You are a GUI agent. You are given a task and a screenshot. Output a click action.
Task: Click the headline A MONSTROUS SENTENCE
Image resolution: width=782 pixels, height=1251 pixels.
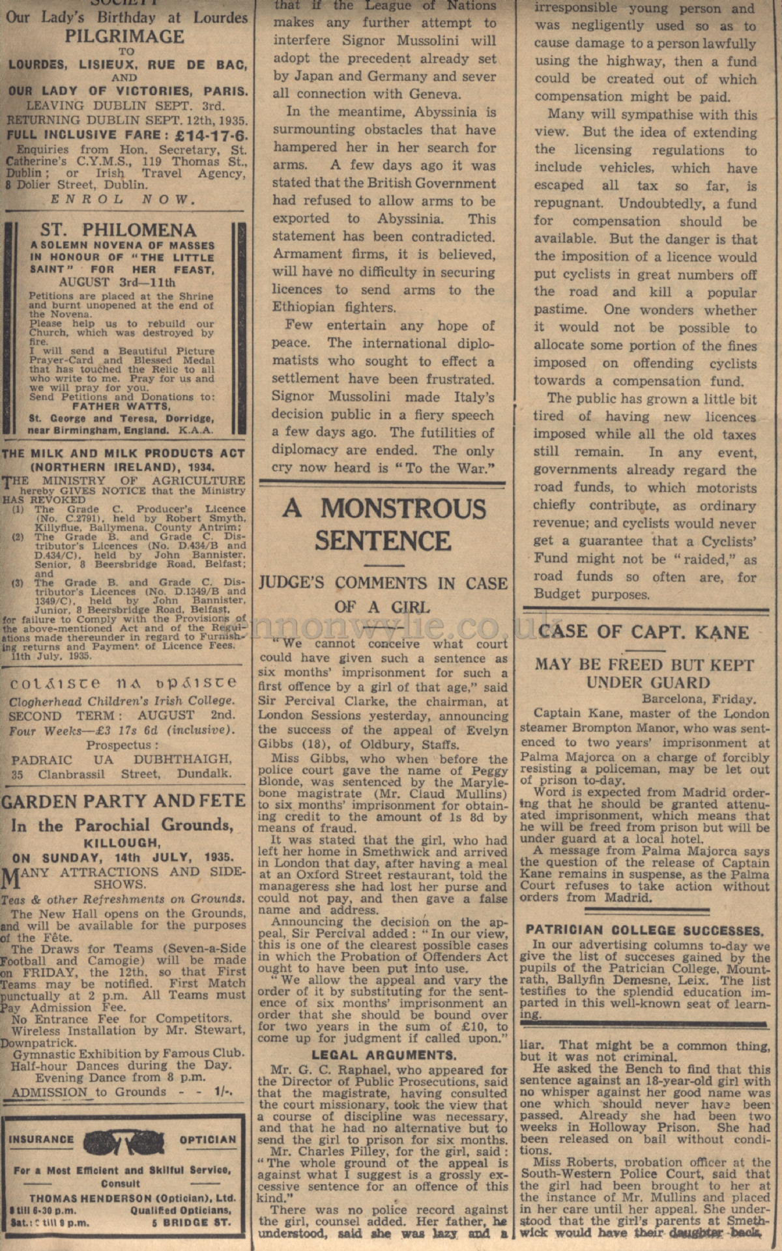point(383,525)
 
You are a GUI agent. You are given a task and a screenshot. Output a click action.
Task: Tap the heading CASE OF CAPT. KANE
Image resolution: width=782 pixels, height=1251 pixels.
point(643,631)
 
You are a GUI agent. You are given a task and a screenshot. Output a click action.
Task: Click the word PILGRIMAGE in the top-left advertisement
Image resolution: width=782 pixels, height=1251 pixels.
point(124,36)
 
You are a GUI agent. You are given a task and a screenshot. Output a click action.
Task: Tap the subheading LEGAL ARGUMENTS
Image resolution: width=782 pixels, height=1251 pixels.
point(384,1055)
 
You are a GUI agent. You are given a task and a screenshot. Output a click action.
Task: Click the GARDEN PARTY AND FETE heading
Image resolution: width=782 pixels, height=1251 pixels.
point(123,801)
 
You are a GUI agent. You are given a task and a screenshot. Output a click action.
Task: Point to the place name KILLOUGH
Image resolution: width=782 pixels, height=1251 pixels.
point(123,842)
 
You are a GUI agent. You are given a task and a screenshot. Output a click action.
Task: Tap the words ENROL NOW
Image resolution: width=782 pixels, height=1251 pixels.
point(123,199)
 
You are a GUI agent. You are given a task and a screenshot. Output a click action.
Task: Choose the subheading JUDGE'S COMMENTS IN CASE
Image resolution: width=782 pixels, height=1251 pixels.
point(383,582)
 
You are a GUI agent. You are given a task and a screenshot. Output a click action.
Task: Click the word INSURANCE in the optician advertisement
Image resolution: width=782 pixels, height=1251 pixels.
point(41,1140)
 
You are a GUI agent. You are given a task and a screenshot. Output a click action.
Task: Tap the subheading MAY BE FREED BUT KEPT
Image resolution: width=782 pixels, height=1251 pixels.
point(644,665)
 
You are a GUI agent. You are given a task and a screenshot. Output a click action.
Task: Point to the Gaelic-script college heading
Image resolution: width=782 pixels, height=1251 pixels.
point(123,683)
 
